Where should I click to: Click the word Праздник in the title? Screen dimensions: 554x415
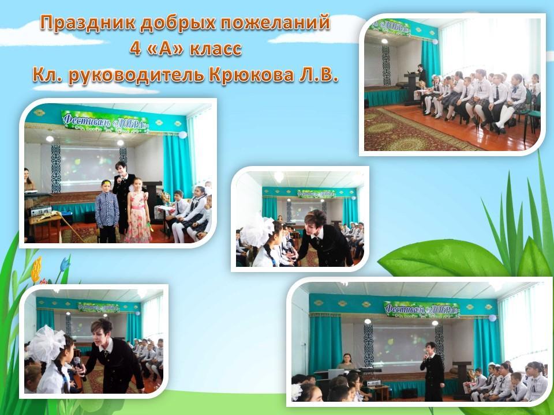pos(87,23)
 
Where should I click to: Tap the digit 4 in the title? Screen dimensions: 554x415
pos(135,48)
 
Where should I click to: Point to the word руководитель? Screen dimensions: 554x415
pos(137,75)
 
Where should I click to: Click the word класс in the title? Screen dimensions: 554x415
pos(216,49)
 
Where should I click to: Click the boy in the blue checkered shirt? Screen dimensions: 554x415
pos(107,212)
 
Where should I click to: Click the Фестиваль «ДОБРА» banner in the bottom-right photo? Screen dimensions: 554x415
pos(422,310)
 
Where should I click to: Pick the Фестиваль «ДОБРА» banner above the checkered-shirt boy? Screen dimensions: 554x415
pos(105,122)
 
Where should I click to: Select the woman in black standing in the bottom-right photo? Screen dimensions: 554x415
pos(432,371)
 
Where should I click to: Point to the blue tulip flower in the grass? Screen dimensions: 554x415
pos(65,265)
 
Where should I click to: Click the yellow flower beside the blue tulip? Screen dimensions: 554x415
pos(36,270)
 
